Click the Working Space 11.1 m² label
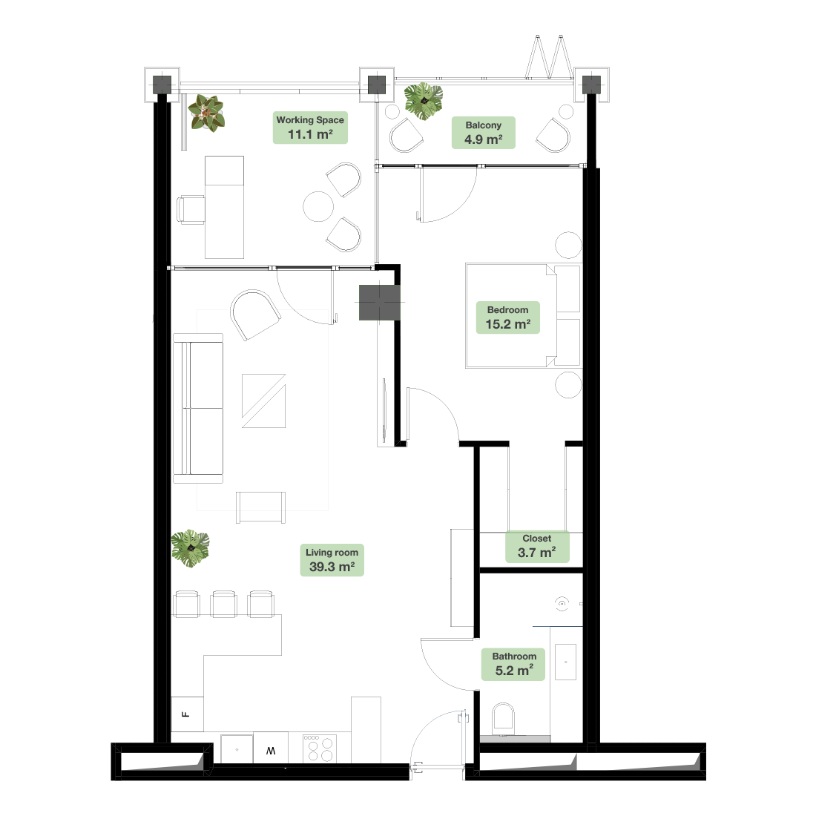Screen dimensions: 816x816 tap(310, 128)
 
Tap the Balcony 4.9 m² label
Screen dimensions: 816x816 tap(484, 133)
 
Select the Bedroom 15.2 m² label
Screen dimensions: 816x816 tap(508, 317)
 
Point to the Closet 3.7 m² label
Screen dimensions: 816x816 tap(537, 547)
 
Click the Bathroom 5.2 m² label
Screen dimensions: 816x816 tap(513, 664)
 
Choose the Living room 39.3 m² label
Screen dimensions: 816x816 tap(332, 560)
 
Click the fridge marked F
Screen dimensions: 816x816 tap(187, 714)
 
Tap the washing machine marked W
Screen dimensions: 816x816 tap(271, 749)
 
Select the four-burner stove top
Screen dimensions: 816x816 tap(320, 748)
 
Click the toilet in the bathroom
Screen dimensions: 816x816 tap(503, 717)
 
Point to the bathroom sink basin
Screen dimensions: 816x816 tap(566, 662)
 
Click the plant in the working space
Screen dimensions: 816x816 tap(207, 113)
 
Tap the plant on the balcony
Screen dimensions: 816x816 tap(424, 101)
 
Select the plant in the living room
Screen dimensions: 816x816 tap(191, 548)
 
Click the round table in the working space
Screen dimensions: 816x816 tap(318, 207)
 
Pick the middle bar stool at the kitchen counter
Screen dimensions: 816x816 tap(224, 604)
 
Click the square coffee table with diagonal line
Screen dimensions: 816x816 tap(264, 401)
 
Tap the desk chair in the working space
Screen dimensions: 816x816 tap(191, 210)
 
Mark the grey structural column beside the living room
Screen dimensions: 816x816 tap(380, 303)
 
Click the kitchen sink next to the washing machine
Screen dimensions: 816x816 tap(237, 749)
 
